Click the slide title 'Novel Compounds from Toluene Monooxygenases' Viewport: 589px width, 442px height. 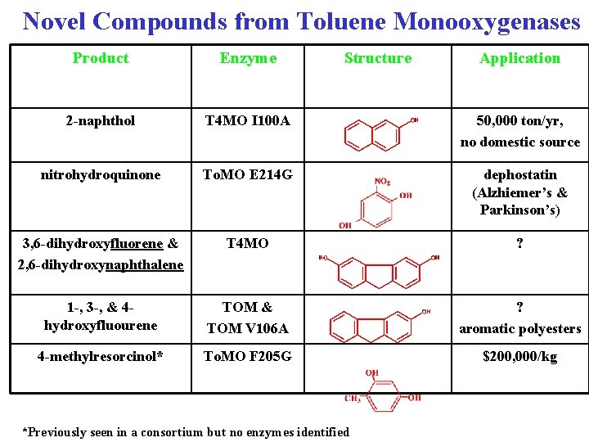(x=301, y=20)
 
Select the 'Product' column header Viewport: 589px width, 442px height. (x=101, y=58)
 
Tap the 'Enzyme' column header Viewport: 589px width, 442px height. (x=248, y=58)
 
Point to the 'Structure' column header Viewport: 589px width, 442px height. (x=378, y=58)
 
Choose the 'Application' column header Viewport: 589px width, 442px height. (x=519, y=58)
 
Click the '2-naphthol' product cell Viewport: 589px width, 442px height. (x=101, y=121)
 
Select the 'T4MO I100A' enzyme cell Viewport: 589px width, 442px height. (x=248, y=121)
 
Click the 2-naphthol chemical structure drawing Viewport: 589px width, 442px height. (x=377, y=131)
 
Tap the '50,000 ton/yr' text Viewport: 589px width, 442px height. (x=519, y=121)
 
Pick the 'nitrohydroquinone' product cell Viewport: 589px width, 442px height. (x=101, y=175)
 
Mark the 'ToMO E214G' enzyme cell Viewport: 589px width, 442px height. (x=248, y=175)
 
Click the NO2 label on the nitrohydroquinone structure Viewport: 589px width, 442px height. (x=382, y=181)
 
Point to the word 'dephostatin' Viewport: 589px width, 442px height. (x=519, y=175)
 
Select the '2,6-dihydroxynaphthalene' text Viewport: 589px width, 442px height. (x=101, y=264)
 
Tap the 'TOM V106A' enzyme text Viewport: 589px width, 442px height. (x=248, y=328)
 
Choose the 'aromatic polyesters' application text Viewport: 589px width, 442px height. (x=519, y=329)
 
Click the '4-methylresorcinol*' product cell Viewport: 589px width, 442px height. (x=101, y=357)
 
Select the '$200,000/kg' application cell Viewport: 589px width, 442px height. (x=519, y=357)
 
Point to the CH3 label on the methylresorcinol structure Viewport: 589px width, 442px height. (x=353, y=399)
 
